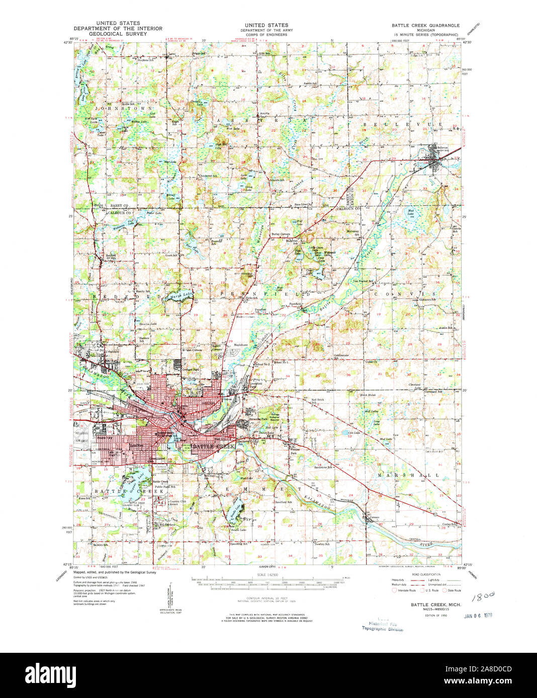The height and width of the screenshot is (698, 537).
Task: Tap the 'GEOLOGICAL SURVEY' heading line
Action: pyautogui.click(x=117, y=34)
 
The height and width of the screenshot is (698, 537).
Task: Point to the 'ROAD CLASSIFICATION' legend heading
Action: pyautogui.click(x=426, y=574)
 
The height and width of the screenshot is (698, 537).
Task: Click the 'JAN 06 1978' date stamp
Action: pyautogui.click(x=477, y=615)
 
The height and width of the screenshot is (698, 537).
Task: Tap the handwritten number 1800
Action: pyautogui.click(x=484, y=596)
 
